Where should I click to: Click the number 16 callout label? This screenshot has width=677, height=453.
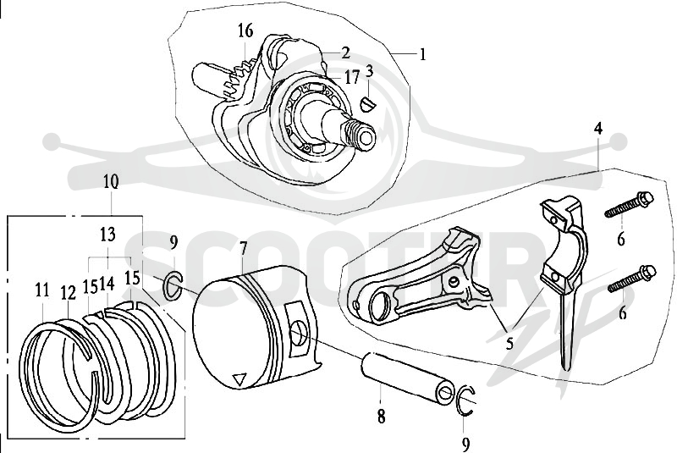tap(245, 31)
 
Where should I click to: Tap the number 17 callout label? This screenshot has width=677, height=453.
tap(352, 78)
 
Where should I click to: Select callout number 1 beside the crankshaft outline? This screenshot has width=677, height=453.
tap(421, 55)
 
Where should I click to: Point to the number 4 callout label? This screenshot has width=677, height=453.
tap(597, 129)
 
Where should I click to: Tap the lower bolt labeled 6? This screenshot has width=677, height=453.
tap(632, 279)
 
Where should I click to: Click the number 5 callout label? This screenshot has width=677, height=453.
tap(510, 343)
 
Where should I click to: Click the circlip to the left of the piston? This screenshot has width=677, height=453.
tap(173, 285)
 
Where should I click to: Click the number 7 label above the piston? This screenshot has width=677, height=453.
tap(243, 249)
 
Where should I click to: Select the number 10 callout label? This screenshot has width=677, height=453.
tap(111, 182)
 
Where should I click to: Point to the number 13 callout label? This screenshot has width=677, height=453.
tap(108, 235)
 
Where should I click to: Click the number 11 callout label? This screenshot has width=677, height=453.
tap(41, 290)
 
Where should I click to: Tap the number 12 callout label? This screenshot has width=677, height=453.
tap(69, 293)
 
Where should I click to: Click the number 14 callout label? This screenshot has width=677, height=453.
tap(107, 285)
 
